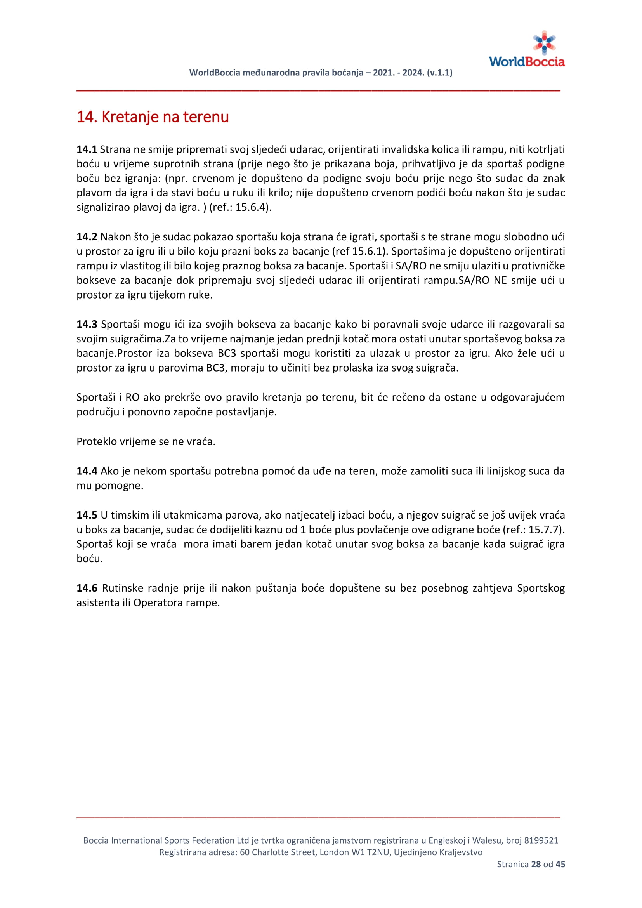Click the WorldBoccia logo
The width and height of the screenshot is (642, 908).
pos(527,49)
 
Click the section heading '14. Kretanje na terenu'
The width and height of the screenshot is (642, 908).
pos(153,117)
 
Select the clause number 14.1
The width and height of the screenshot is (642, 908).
pos(87,149)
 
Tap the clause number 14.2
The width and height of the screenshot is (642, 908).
pos(87,237)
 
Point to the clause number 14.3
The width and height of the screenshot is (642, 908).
pos(87,324)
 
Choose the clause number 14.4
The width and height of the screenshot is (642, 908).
pos(87,471)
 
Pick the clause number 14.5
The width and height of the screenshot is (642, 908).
pos(87,515)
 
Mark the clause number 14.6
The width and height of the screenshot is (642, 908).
pos(87,588)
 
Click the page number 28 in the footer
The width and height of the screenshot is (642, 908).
pos(536,864)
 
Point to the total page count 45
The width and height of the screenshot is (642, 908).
pos(560,864)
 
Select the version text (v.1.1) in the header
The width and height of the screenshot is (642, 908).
pos(440,73)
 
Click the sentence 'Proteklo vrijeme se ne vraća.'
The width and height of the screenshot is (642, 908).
pos(146,442)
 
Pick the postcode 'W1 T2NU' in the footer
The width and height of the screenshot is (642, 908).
pos(373,852)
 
